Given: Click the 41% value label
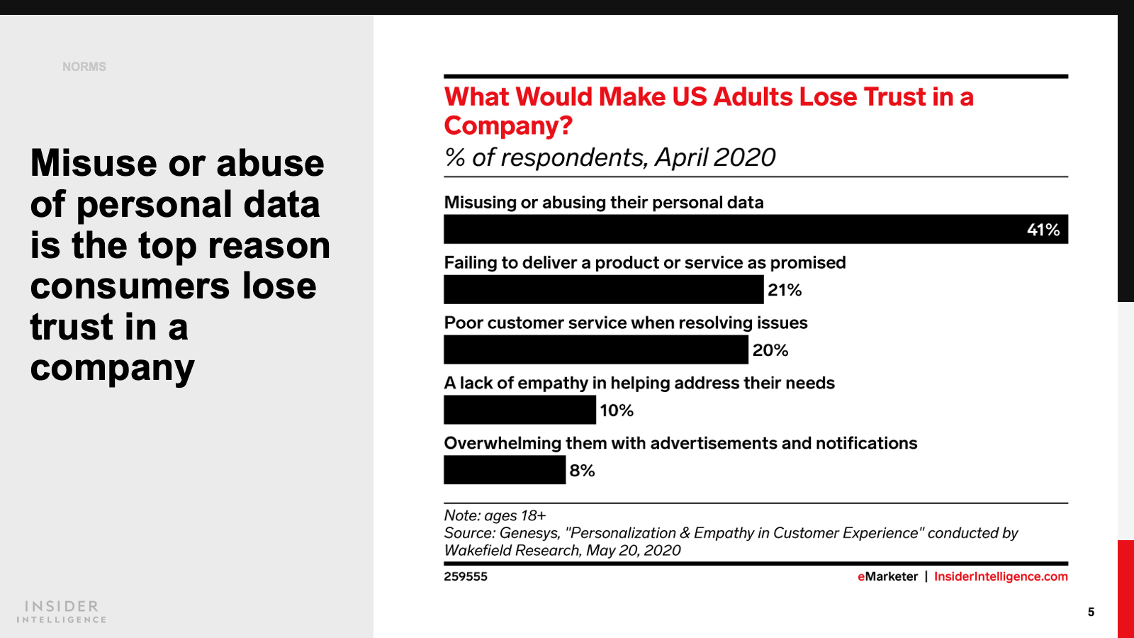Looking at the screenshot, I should click(1043, 230).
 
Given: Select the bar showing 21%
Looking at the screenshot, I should click(603, 290).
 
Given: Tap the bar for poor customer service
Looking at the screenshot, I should click(595, 350).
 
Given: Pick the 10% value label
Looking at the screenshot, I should click(617, 410).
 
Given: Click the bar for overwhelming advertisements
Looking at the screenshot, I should click(505, 471).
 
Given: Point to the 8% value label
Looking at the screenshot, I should click(582, 471).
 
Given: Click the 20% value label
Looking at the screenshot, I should click(770, 350).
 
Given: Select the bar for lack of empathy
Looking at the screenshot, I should click(520, 410).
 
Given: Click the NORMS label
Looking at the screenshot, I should click(84, 67).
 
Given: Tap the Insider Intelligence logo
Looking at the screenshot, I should click(62, 611).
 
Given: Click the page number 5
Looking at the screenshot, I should click(1091, 612).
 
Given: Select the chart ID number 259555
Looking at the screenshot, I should click(466, 577).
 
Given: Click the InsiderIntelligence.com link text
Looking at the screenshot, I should click(1001, 577).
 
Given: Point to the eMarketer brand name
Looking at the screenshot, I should click(887, 577).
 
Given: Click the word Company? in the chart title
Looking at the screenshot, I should click(508, 125).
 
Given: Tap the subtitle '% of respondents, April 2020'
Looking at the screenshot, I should click(610, 157).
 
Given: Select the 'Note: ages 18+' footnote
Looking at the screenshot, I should click(495, 516).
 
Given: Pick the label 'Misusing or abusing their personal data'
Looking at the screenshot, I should click(604, 203).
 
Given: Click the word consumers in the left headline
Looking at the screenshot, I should click(130, 286).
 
